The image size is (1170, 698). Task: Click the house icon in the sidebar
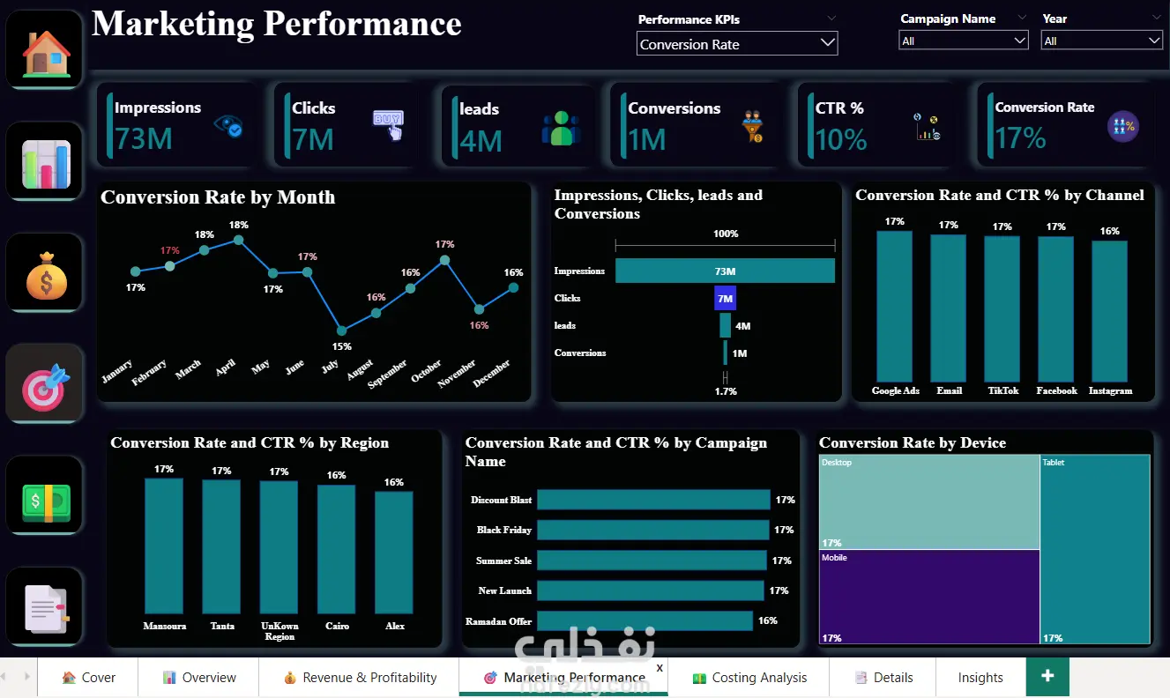click(46, 54)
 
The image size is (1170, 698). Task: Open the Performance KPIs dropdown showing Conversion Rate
click(737, 44)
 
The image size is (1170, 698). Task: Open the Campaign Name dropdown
click(963, 41)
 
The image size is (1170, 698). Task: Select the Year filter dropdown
click(1101, 41)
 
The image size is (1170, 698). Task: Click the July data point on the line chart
click(341, 330)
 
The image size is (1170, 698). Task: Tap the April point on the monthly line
click(238, 240)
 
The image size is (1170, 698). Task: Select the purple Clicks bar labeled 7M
click(725, 298)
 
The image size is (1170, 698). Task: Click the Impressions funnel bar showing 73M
click(725, 271)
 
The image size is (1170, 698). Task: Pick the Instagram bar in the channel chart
click(1110, 312)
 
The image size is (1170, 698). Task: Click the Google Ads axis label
click(895, 390)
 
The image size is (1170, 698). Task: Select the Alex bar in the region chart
click(394, 553)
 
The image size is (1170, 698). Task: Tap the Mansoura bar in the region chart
click(164, 546)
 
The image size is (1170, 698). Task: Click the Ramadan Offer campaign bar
click(645, 620)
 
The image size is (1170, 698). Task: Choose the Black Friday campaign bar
click(653, 530)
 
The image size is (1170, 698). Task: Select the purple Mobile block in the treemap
click(929, 597)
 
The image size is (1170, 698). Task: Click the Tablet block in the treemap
click(1095, 549)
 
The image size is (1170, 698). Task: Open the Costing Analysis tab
click(749, 678)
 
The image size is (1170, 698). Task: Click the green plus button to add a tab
click(1047, 676)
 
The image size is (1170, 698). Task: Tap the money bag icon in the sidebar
click(47, 276)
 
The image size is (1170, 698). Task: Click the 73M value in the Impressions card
click(144, 138)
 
